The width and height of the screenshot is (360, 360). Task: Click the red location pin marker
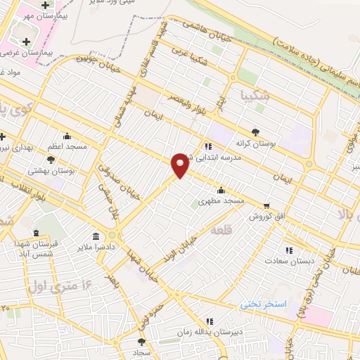tap(180, 164)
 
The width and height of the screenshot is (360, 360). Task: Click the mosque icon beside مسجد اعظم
tap(67, 136)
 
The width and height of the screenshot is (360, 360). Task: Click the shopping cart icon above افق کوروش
tap(266, 206)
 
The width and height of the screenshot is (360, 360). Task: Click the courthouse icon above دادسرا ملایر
tap(96, 236)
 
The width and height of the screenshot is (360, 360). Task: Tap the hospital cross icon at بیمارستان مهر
tap(45, 6)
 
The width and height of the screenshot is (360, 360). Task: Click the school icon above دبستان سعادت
tap(288, 250)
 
